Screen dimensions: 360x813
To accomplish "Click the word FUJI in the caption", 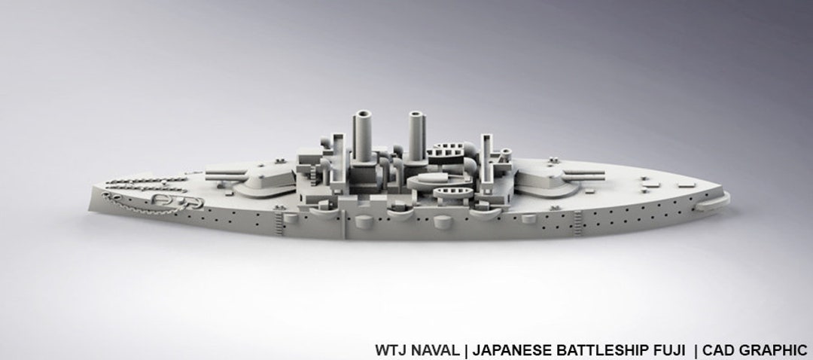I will point(668,349).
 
